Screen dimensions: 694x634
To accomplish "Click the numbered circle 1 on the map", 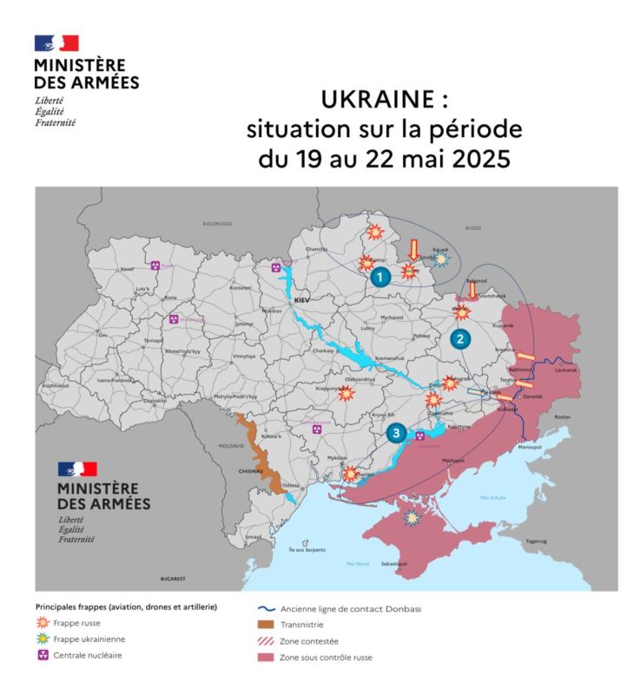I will tap(379, 278).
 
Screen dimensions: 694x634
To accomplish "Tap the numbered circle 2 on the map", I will tap(459, 339).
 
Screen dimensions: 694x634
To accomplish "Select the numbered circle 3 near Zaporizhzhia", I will tap(396, 432).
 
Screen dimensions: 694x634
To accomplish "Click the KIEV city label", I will tap(302, 299).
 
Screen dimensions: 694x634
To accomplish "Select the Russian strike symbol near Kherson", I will tap(350, 474).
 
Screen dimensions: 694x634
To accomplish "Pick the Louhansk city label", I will tap(565, 370).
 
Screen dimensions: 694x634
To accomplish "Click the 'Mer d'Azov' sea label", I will tap(492, 497).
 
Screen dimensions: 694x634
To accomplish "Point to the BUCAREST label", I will tap(174, 577).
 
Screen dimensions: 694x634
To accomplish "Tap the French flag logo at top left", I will tap(56, 43).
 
